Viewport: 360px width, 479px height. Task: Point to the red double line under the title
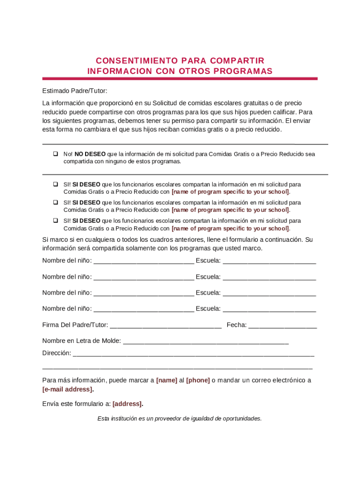point(180,79)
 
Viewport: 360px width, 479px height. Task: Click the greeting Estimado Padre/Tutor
point(75,91)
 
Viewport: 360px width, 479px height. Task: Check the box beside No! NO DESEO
point(55,153)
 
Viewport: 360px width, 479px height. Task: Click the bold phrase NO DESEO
point(90,154)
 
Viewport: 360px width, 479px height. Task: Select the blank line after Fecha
point(282,326)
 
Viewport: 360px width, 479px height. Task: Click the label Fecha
point(236,325)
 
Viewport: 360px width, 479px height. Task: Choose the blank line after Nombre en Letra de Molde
point(206,341)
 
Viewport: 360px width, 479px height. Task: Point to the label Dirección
point(57,353)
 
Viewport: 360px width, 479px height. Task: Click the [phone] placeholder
point(198,380)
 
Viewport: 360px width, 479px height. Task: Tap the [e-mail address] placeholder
point(67,389)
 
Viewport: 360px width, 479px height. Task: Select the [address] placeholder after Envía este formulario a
point(128,404)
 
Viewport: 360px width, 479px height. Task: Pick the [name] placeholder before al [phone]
point(166,380)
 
